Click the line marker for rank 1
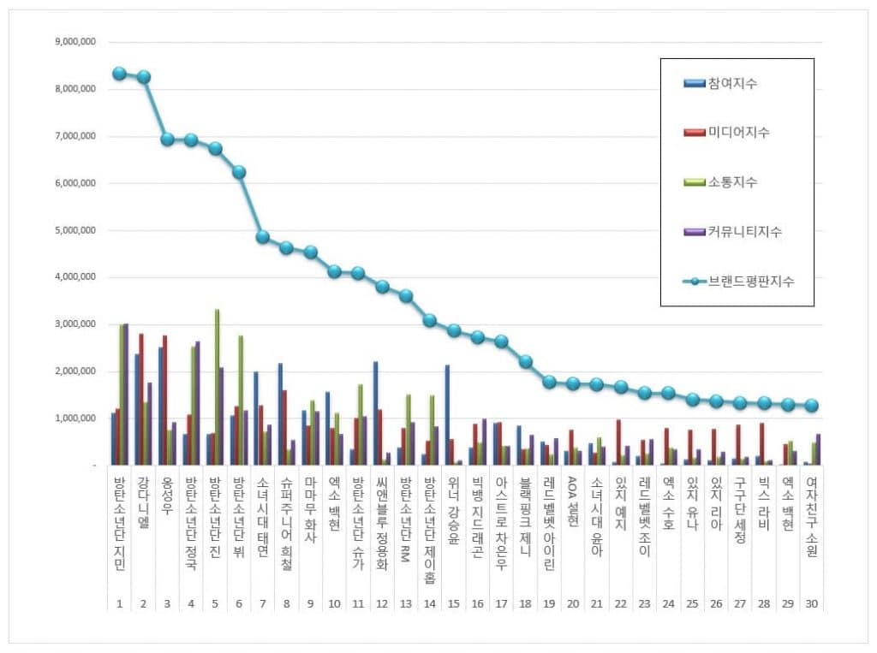click(x=120, y=73)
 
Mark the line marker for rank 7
click(x=263, y=237)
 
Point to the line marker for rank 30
click(x=812, y=406)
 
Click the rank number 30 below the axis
click(x=812, y=603)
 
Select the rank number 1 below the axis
click(x=120, y=603)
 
